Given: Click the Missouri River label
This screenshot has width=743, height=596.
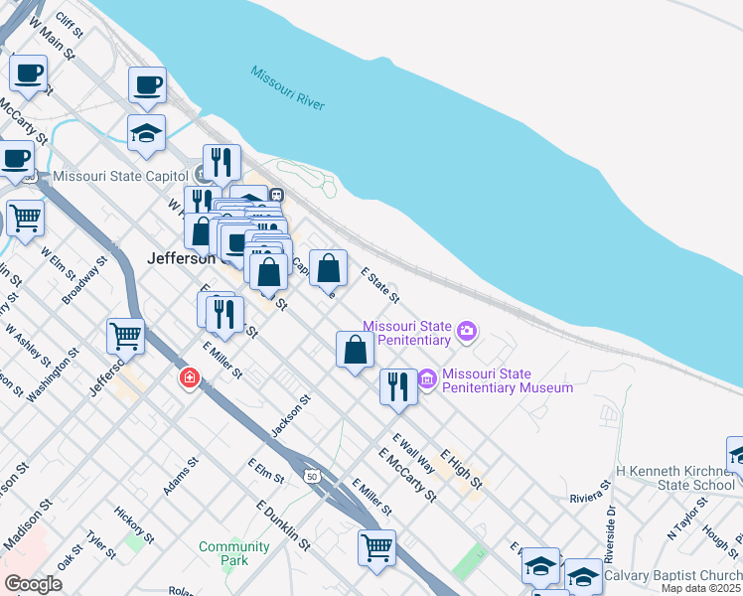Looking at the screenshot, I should (x=288, y=88).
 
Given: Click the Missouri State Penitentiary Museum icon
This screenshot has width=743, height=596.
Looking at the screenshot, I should (x=428, y=378).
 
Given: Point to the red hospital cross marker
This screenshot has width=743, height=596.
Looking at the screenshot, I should (x=189, y=378).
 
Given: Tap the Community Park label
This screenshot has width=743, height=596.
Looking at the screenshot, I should (x=233, y=553).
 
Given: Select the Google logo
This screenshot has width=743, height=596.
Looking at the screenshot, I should (x=33, y=584).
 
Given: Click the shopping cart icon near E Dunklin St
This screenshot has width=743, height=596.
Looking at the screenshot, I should (x=376, y=547).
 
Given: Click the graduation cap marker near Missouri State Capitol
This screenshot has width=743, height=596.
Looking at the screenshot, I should (x=146, y=133).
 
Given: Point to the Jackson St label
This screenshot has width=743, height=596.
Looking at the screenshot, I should (x=291, y=416).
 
